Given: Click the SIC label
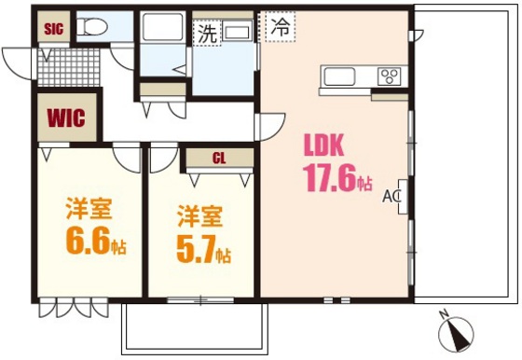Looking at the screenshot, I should point(53,28).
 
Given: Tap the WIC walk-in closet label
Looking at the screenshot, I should point(66,118).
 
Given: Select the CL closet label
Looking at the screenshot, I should point(218,159).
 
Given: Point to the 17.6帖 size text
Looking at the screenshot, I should point(337,178).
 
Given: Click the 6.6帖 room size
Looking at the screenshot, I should point(95,242).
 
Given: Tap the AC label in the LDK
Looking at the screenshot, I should point(391,197).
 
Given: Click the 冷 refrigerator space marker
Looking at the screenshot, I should point(279,27).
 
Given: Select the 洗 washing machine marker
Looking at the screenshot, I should point(206,33).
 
